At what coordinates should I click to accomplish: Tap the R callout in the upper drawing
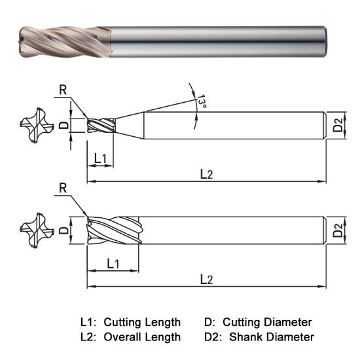62,90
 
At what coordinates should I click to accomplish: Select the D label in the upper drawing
63,124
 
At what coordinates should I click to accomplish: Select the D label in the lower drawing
63,230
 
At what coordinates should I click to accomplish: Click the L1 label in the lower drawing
112,264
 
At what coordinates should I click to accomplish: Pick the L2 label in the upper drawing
206,173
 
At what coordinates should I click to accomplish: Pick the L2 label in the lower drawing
206,279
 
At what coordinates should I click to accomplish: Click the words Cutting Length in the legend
142,322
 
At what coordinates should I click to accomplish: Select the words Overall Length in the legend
142,337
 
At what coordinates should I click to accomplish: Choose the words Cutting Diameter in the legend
267,322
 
